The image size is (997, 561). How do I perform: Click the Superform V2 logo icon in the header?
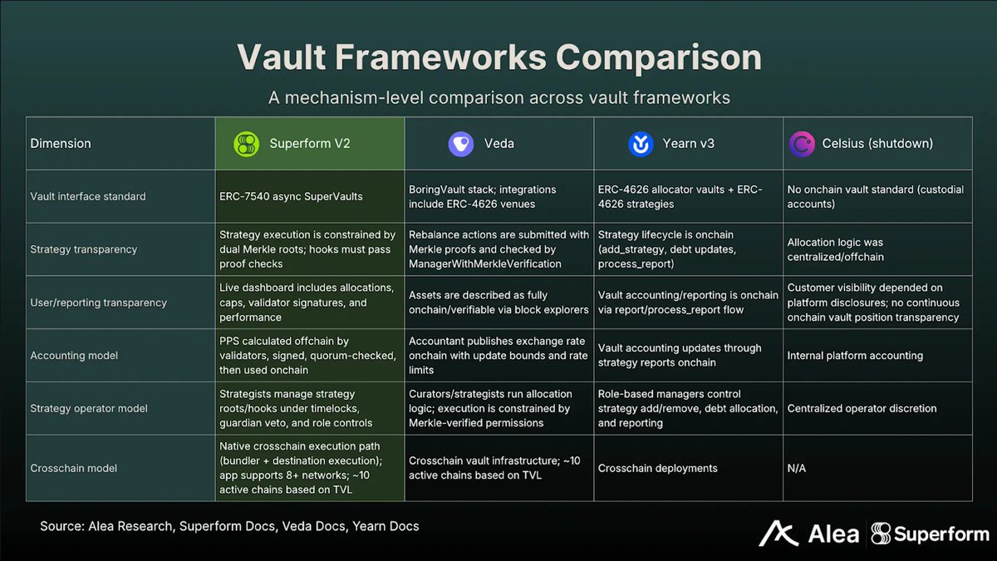click(246, 144)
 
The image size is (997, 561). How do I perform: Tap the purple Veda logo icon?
click(460, 144)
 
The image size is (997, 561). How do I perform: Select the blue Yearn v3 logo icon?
click(641, 144)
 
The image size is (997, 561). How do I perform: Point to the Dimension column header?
click(61, 144)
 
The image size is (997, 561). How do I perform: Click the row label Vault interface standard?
click(87, 197)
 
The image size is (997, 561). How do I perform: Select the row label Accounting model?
click(74, 356)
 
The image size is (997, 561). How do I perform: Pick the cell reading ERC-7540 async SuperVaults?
click(292, 197)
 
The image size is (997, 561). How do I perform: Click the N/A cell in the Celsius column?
click(796, 468)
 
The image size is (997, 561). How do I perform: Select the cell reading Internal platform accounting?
click(855, 356)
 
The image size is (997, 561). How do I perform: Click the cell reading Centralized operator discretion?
click(862, 408)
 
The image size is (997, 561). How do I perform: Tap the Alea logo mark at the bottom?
click(778, 534)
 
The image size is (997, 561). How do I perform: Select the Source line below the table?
click(229, 526)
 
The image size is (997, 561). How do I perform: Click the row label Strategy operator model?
click(89, 408)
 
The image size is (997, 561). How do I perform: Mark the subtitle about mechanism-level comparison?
click(498, 97)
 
